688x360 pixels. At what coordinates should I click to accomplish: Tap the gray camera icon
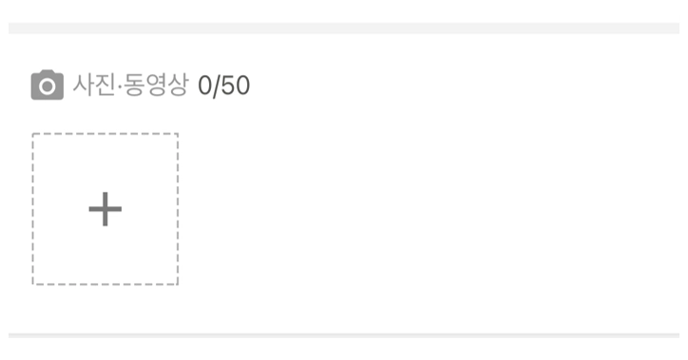pyautogui.click(x=47, y=85)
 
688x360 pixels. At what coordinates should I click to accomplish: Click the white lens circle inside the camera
pyautogui.click(x=47, y=86)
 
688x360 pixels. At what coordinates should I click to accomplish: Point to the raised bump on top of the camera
pyautogui.click(x=47, y=72)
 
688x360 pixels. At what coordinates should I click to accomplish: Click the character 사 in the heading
pyautogui.click(x=84, y=85)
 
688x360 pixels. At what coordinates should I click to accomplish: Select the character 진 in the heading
pyautogui.click(x=106, y=85)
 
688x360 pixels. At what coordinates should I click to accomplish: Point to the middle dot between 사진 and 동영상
pyautogui.click(x=120, y=85)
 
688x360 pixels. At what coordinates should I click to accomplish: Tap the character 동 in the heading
pyautogui.click(x=134, y=85)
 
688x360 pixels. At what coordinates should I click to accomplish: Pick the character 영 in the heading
pyautogui.click(x=156, y=85)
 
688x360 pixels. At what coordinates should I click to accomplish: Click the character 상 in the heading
pyautogui.click(x=178, y=85)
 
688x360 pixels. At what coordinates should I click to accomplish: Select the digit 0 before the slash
pyautogui.click(x=205, y=85)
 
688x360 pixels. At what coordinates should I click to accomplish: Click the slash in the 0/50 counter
pyautogui.click(x=217, y=85)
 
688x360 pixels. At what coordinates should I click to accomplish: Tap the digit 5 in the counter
pyautogui.click(x=228, y=85)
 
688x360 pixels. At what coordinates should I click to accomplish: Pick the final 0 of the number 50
pyautogui.click(x=242, y=85)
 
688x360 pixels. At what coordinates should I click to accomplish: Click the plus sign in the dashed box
pyautogui.click(x=105, y=209)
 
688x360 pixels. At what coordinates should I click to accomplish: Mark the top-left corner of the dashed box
pyautogui.click(x=32, y=134)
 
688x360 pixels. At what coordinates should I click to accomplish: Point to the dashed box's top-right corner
pyautogui.click(x=178, y=134)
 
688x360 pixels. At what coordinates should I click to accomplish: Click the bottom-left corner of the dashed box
pyautogui.click(x=32, y=285)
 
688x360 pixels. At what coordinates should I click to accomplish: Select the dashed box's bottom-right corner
pyautogui.click(x=178, y=285)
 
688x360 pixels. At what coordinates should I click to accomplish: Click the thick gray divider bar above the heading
pyautogui.click(x=344, y=28)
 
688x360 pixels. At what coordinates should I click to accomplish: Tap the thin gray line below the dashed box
pyautogui.click(x=344, y=335)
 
